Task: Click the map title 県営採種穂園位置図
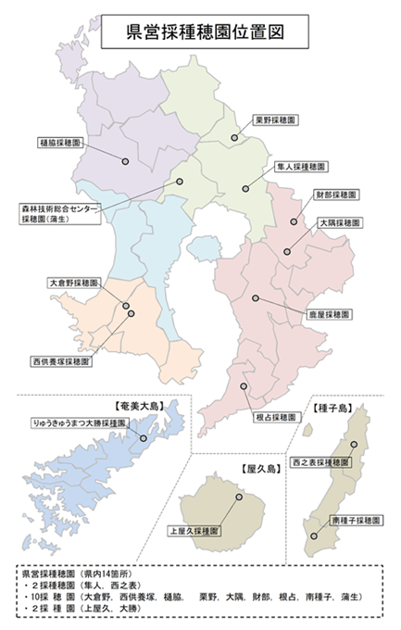(203, 31)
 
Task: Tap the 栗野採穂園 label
(275, 120)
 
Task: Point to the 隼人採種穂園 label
(298, 167)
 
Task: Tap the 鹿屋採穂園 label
(329, 315)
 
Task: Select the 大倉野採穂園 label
(73, 282)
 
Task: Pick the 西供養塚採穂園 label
(60, 360)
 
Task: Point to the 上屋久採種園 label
(194, 532)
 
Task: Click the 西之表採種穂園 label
(320, 461)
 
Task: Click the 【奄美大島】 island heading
(136, 406)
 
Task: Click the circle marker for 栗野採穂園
(234, 138)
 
